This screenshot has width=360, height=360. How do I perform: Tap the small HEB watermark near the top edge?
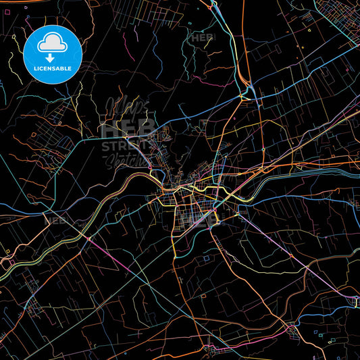tap(202, 37)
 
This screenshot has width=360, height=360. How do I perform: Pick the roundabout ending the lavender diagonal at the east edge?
tap(354, 297)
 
